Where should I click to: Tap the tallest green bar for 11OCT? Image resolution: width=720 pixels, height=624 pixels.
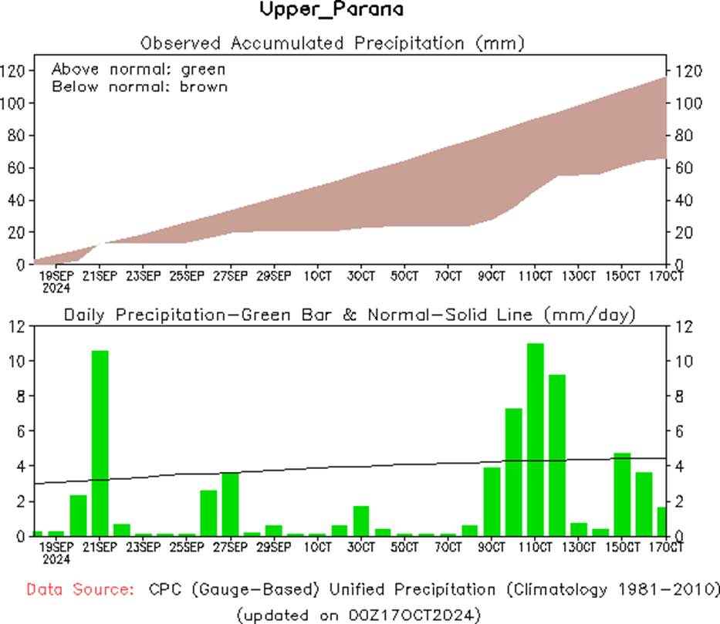pos(536,440)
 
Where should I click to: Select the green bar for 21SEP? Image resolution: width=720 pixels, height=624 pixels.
pos(100,444)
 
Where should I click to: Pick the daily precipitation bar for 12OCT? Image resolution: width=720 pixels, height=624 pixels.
pos(557,455)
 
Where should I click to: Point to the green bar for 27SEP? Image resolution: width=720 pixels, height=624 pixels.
pos(230,504)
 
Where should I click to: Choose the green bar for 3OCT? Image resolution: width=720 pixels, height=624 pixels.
pos(361,521)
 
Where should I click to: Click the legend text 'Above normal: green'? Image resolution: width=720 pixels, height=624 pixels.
pos(138,69)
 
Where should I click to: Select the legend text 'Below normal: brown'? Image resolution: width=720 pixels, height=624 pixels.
pos(139,86)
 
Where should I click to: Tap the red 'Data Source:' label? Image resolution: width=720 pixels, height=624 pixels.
pos(77,590)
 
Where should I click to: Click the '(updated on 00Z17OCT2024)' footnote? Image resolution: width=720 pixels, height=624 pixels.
pos(359,614)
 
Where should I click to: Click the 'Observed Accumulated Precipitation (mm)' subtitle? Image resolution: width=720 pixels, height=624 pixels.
pos(332,43)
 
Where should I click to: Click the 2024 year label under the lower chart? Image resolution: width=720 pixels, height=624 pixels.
pos(56,558)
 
